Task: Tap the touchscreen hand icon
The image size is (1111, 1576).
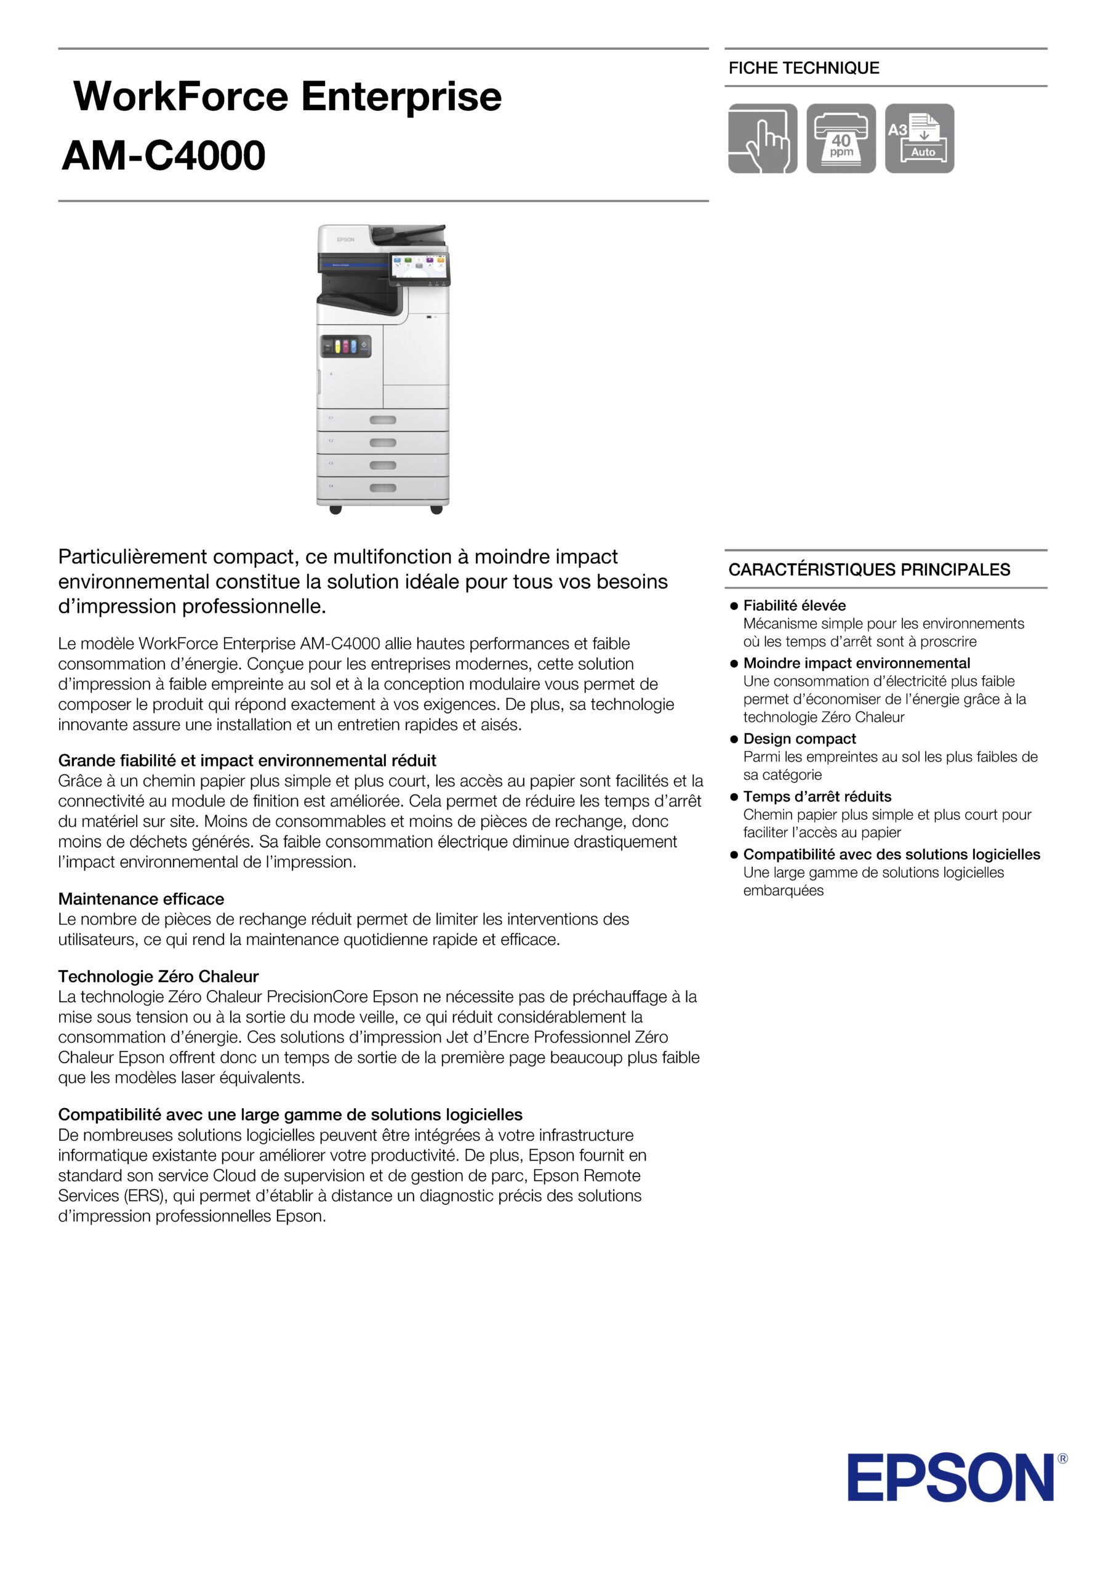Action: [x=763, y=139]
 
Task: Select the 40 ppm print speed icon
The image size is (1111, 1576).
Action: [x=841, y=139]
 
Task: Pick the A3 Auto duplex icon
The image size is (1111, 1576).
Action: [x=919, y=139]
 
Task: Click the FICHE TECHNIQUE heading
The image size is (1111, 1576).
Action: [x=804, y=68]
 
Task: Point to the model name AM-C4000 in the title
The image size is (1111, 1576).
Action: [x=163, y=155]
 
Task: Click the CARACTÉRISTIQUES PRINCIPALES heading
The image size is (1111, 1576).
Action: [x=868, y=569]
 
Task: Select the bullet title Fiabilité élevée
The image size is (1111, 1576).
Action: [x=794, y=605]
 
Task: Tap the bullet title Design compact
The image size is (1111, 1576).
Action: [x=800, y=739]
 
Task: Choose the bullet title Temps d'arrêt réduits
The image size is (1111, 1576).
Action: [x=817, y=796]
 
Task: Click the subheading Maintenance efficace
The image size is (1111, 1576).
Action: [x=141, y=899]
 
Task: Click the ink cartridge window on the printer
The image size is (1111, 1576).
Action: [x=346, y=347]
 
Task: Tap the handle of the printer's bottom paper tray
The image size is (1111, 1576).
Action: [x=382, y=488]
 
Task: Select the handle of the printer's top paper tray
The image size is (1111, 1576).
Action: [x=382, y=420]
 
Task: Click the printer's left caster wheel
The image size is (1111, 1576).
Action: [x=335, y=509]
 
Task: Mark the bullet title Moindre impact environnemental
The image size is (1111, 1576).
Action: [x=856, y=663]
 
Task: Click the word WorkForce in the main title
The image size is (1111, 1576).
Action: [x=180, y=96]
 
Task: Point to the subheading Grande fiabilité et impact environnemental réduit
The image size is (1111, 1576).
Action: [x=247, y=760]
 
